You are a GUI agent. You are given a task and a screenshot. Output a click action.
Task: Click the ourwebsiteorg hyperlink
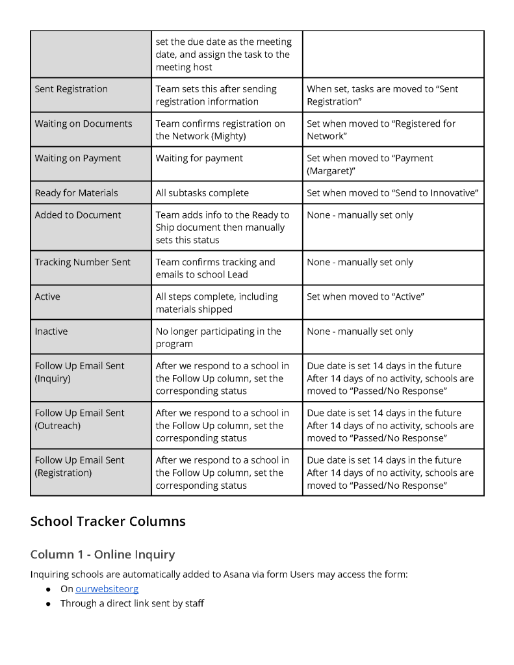tap(107, 589)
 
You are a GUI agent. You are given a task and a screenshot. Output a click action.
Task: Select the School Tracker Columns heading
tap(108, 521)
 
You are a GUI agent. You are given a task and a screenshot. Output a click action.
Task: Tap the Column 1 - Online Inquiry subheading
tap(103, 554)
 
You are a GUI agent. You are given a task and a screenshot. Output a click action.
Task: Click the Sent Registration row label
tap(71, 89)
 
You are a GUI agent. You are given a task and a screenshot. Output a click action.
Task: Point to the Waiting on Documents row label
tap(83, 124)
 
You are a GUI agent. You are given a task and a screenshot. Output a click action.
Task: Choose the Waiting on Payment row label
tap(78, 158)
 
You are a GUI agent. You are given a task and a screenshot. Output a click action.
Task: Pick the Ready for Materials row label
tap(77, 192)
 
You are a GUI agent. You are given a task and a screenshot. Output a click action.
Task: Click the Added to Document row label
tap(78, 215)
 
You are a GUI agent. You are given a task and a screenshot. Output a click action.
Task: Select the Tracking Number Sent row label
tap(83, 262)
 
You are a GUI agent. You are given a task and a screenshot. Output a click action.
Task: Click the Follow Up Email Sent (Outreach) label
tap(79, 419)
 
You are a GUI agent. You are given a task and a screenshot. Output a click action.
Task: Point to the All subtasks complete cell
tap(202, 192)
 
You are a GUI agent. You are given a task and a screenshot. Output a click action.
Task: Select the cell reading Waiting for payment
tap(199, 158)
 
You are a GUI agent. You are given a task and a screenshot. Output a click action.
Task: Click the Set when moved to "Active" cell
tap(365, 296)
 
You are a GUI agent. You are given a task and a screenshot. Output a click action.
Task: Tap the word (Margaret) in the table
tap(333, 171)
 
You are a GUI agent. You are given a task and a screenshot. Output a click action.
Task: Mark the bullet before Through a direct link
tap(49, 604)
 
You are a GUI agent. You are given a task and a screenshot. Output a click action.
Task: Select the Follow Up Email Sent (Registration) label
tap(79, 466)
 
